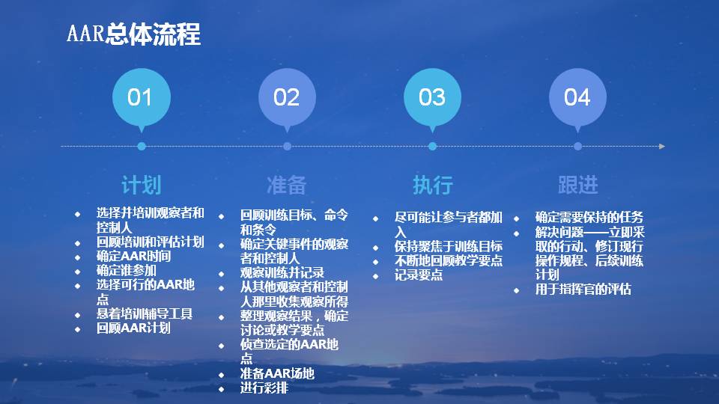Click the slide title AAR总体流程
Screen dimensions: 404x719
tap(133, 34)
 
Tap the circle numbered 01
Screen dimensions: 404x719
tap(141, 97)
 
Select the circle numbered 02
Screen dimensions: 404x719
tap(287, 97)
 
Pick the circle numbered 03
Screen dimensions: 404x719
tap(432, 97)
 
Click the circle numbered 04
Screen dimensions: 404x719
tap(577, 97)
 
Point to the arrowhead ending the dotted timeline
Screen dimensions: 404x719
tap(662, 147)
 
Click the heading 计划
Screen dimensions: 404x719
tap(141, 185)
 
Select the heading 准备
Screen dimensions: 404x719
tap(287, 185)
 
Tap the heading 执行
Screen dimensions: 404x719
tap(432, 185)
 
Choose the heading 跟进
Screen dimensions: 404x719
tap(577, 185)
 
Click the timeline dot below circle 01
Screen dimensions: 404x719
tap(142, 147)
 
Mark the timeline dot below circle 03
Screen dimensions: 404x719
tap(432, 147)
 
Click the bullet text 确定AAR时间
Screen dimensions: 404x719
tap(133, 256)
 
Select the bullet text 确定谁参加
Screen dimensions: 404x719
tap(127, 270)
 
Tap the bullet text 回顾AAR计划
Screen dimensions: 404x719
tap(133, 328)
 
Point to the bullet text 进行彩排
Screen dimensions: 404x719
tap(264, 388)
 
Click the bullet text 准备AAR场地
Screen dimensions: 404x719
tap(277, 373)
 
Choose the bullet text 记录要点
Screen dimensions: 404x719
tap(419, 275)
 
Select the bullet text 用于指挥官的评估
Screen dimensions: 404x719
tap(583, 289)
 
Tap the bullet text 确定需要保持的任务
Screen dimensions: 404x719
tap(589, 217)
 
